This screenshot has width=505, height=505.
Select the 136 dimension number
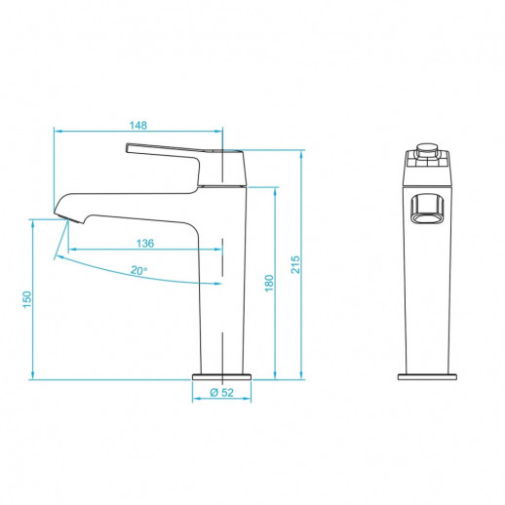pos(143,243)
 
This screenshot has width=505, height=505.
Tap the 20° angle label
pos(139,270)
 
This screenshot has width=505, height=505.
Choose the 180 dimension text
pos(269,283)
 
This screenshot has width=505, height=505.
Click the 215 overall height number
pos(294,263)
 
